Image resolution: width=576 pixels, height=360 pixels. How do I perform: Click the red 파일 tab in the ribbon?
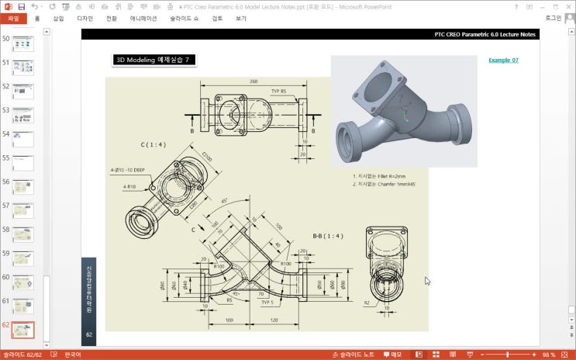(x=12, y=18)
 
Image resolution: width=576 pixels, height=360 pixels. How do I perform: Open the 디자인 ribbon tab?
(x=85, y=18)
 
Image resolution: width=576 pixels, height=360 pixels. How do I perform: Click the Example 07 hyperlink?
(x=503, y=60)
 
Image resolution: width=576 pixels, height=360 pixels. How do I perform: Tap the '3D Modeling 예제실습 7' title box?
(x=152, y=60)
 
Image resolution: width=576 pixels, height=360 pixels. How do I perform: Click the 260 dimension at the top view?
(x=254, y=81)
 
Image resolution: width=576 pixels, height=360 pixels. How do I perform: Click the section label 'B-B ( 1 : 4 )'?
(x=329, y=235)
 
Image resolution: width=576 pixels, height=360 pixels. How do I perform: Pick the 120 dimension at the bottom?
(x=274, y=320)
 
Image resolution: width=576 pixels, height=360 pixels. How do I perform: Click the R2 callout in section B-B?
(x=367, y=303)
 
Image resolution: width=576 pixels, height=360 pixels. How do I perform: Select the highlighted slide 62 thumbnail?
(x=23, y=331)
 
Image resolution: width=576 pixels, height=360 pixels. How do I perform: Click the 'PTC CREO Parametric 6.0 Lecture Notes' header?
(x=484, y=35)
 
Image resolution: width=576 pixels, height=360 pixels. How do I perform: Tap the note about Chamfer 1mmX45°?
(x=385, y=185)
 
